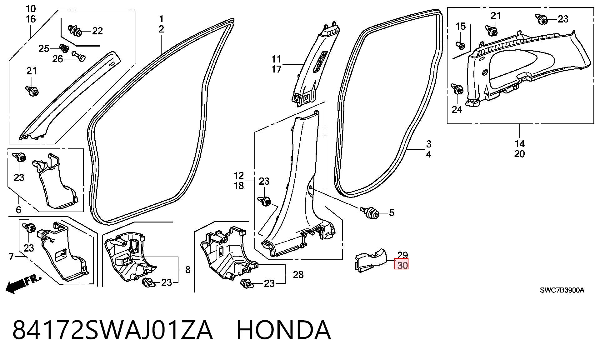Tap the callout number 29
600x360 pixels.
[402, 255]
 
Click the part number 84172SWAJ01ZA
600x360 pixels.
[112, 330]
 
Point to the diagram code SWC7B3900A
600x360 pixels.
[562, 290]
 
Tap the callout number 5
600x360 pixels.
[392, 213]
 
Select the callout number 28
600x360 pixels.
[298, 274]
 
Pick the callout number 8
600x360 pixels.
[187, 269]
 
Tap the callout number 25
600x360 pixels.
[44, 48]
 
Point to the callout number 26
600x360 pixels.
[57, 59]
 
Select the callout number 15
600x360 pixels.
[461, 27]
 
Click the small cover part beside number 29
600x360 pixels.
[371, 260]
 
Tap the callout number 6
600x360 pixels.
[18, 210]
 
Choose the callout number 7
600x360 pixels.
[11, 257]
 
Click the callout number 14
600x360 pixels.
[520, 144]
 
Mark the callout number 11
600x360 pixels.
[277, 59]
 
